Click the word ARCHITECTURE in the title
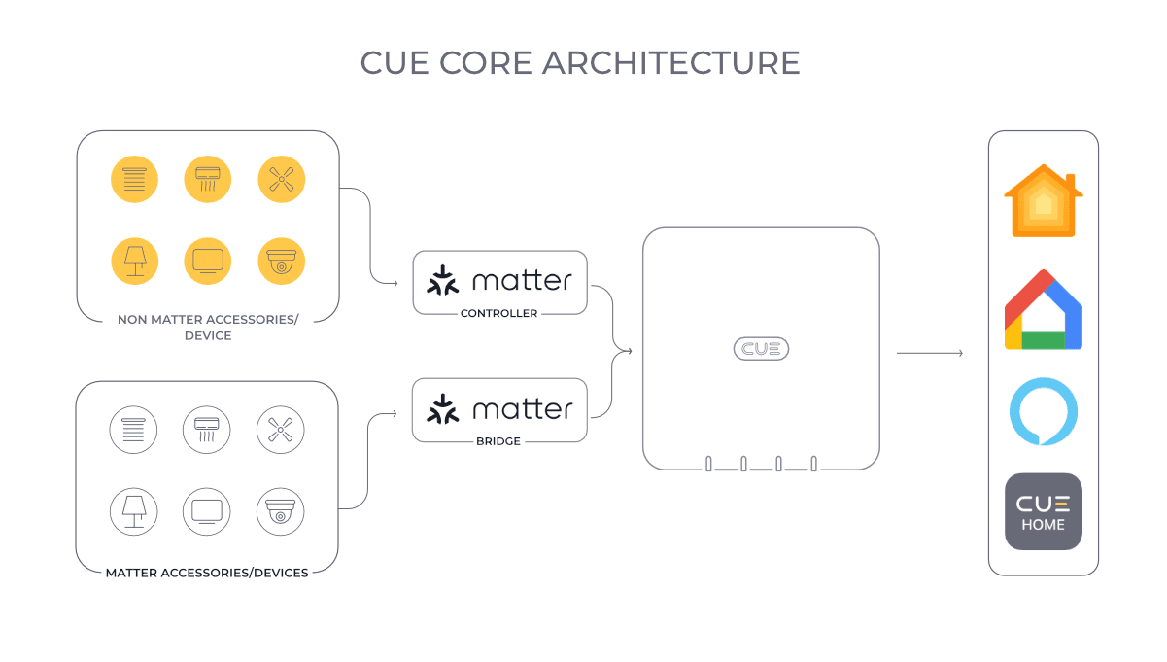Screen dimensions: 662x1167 (x=670, y=62)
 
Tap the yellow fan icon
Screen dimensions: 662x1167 (x=282, y=180)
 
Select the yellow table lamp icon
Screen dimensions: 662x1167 (x=134, y=261)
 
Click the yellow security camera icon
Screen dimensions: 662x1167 (x=282, y=261)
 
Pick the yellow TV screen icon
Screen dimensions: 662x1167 (x=208, y=261)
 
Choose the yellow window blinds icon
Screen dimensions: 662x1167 (x=134, y=180)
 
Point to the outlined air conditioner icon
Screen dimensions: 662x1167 (x=207, y=429)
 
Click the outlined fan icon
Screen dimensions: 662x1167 (x=281, y=429)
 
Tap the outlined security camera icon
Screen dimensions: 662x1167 (x=281, y=510)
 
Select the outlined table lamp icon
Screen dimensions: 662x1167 (x=133, y=510)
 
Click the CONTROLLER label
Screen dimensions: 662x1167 (x=499, y=314)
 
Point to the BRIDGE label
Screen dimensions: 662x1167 (x=499, y=441)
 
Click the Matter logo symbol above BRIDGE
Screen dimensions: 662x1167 (x=443, y=409)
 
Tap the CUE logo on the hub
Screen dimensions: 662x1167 (x=761, y=349)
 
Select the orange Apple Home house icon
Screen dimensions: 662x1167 (x=1043, y=200)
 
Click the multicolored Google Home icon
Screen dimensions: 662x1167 (x=1043, y=311)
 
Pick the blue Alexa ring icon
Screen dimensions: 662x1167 (x=1043, y=411)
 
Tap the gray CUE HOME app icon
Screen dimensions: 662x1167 (x=1043, y=511)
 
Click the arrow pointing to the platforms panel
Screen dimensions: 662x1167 (x=929, y=353)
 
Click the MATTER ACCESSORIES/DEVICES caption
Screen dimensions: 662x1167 (x=207, y=573)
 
